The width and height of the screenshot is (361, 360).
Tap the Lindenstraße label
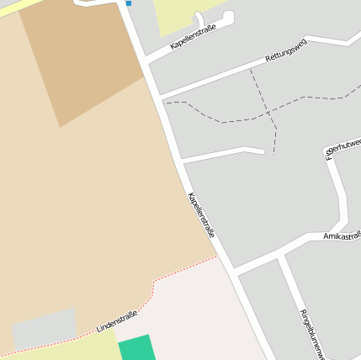117,320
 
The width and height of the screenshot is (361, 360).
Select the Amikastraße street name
341,236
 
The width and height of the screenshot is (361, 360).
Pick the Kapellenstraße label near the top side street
193,38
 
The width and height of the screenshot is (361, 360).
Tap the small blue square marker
129,3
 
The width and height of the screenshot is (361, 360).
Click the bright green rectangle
135,347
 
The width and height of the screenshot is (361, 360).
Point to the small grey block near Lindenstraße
42,329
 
